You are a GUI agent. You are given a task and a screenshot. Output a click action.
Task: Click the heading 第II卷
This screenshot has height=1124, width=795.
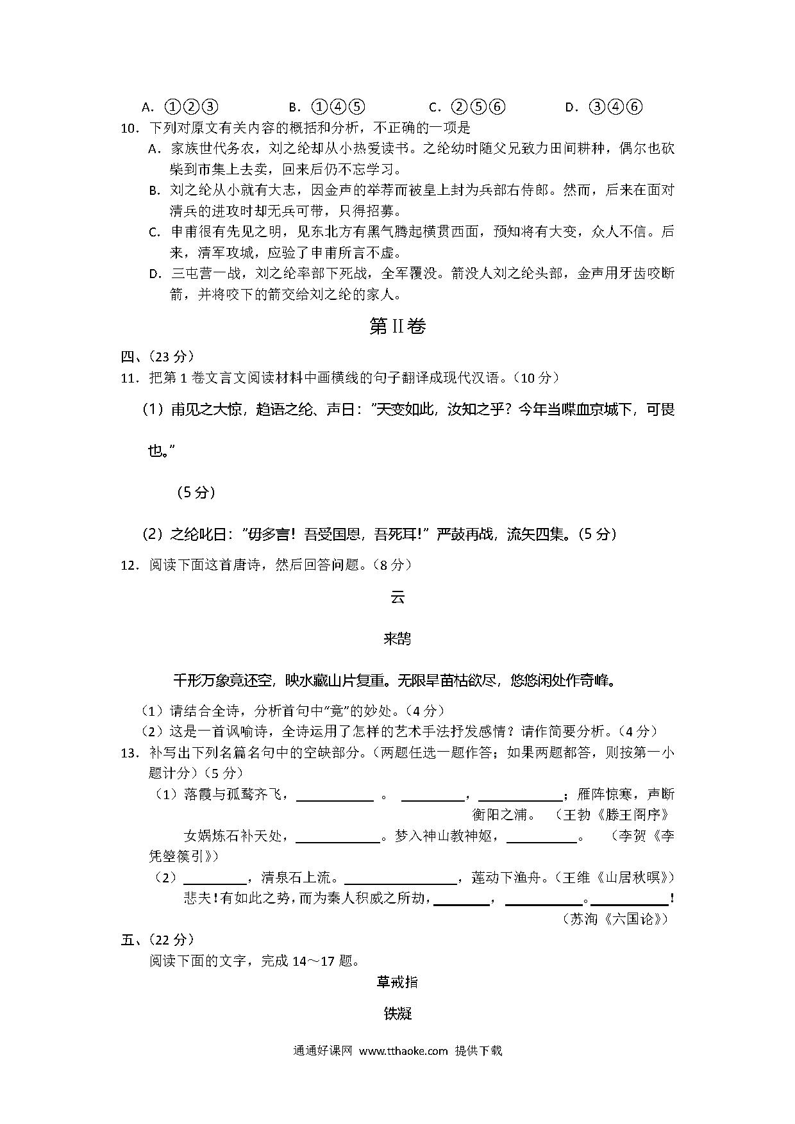tap(397, 327)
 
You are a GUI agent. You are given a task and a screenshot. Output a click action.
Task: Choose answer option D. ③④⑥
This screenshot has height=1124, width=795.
tap(603, 107)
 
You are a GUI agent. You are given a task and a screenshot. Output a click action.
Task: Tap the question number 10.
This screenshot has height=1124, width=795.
tap(130, 128)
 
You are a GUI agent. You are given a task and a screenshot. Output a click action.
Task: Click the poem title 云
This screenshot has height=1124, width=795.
tap(397, 597)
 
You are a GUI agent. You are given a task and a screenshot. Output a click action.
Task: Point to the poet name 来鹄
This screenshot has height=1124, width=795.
tap(397, 638)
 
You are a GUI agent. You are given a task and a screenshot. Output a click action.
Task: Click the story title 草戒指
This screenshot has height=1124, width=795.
tap(397, 982)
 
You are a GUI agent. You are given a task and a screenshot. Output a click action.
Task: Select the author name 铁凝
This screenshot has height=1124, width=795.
tap(397, 1014)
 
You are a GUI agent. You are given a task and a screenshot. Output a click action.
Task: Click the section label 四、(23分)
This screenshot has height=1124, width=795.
tap(158, 357)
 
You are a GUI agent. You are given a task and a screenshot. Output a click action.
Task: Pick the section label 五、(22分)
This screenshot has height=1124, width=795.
tap(158, 939)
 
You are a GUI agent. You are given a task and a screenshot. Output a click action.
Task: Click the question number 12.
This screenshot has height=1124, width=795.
tap(130, 565)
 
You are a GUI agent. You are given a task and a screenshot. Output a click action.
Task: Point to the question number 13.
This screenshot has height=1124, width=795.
tap(130, 753)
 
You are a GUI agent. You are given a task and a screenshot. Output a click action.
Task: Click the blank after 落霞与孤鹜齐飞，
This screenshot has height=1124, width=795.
tap(335, 795)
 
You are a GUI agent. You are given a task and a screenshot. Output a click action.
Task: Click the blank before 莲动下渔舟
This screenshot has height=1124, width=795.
tap(400, 878)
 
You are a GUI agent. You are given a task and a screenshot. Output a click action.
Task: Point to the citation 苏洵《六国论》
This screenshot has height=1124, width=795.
tap(615, 919)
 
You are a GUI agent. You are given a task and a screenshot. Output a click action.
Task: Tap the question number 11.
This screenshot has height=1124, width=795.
tap(130, 378)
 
